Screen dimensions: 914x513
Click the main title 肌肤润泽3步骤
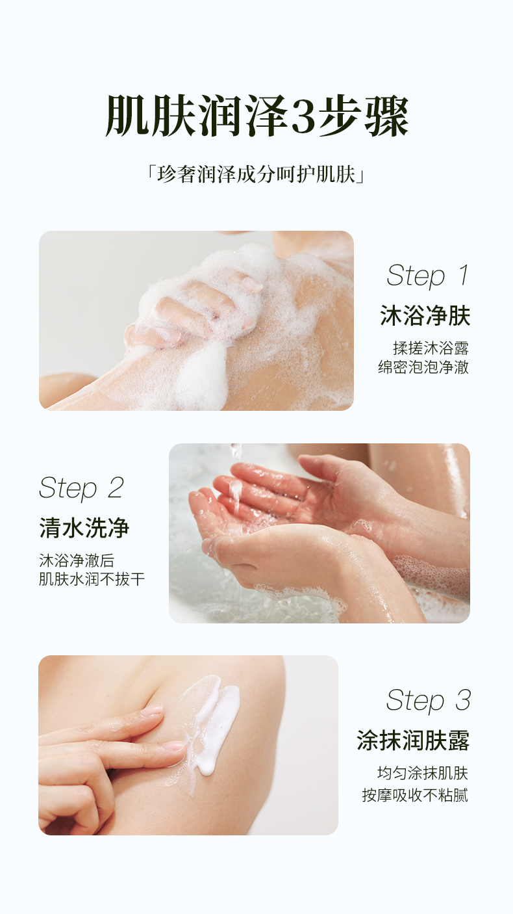[256, 117]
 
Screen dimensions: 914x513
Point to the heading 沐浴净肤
[425, 316]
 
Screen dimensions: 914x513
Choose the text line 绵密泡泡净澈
[423, 367]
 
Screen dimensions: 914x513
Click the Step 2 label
[81, 488]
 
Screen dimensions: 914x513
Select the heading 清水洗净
[84, 529]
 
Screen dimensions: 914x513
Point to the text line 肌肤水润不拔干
[92, 579]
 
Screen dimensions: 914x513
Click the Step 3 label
[428, 700]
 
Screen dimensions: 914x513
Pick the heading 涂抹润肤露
[413, 740]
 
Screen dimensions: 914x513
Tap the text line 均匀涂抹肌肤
[422, 773]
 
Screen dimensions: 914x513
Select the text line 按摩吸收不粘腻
[415, 794]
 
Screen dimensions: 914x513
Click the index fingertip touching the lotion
[174, 746]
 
